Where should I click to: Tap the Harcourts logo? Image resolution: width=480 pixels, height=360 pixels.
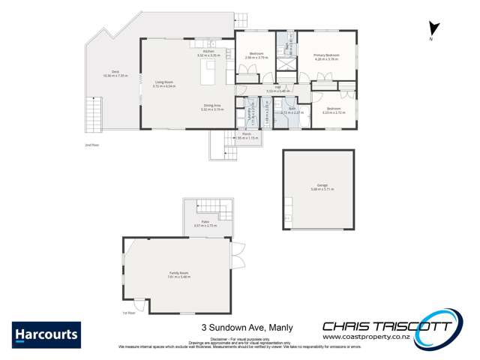click(46, 334)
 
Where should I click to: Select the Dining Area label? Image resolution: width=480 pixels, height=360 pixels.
click(212, 106)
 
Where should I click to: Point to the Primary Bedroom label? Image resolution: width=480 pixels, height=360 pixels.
click(325, 55)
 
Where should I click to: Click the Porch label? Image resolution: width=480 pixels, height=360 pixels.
click(247, 136)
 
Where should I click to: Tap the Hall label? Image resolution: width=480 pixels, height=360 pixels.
click(277, 88)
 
